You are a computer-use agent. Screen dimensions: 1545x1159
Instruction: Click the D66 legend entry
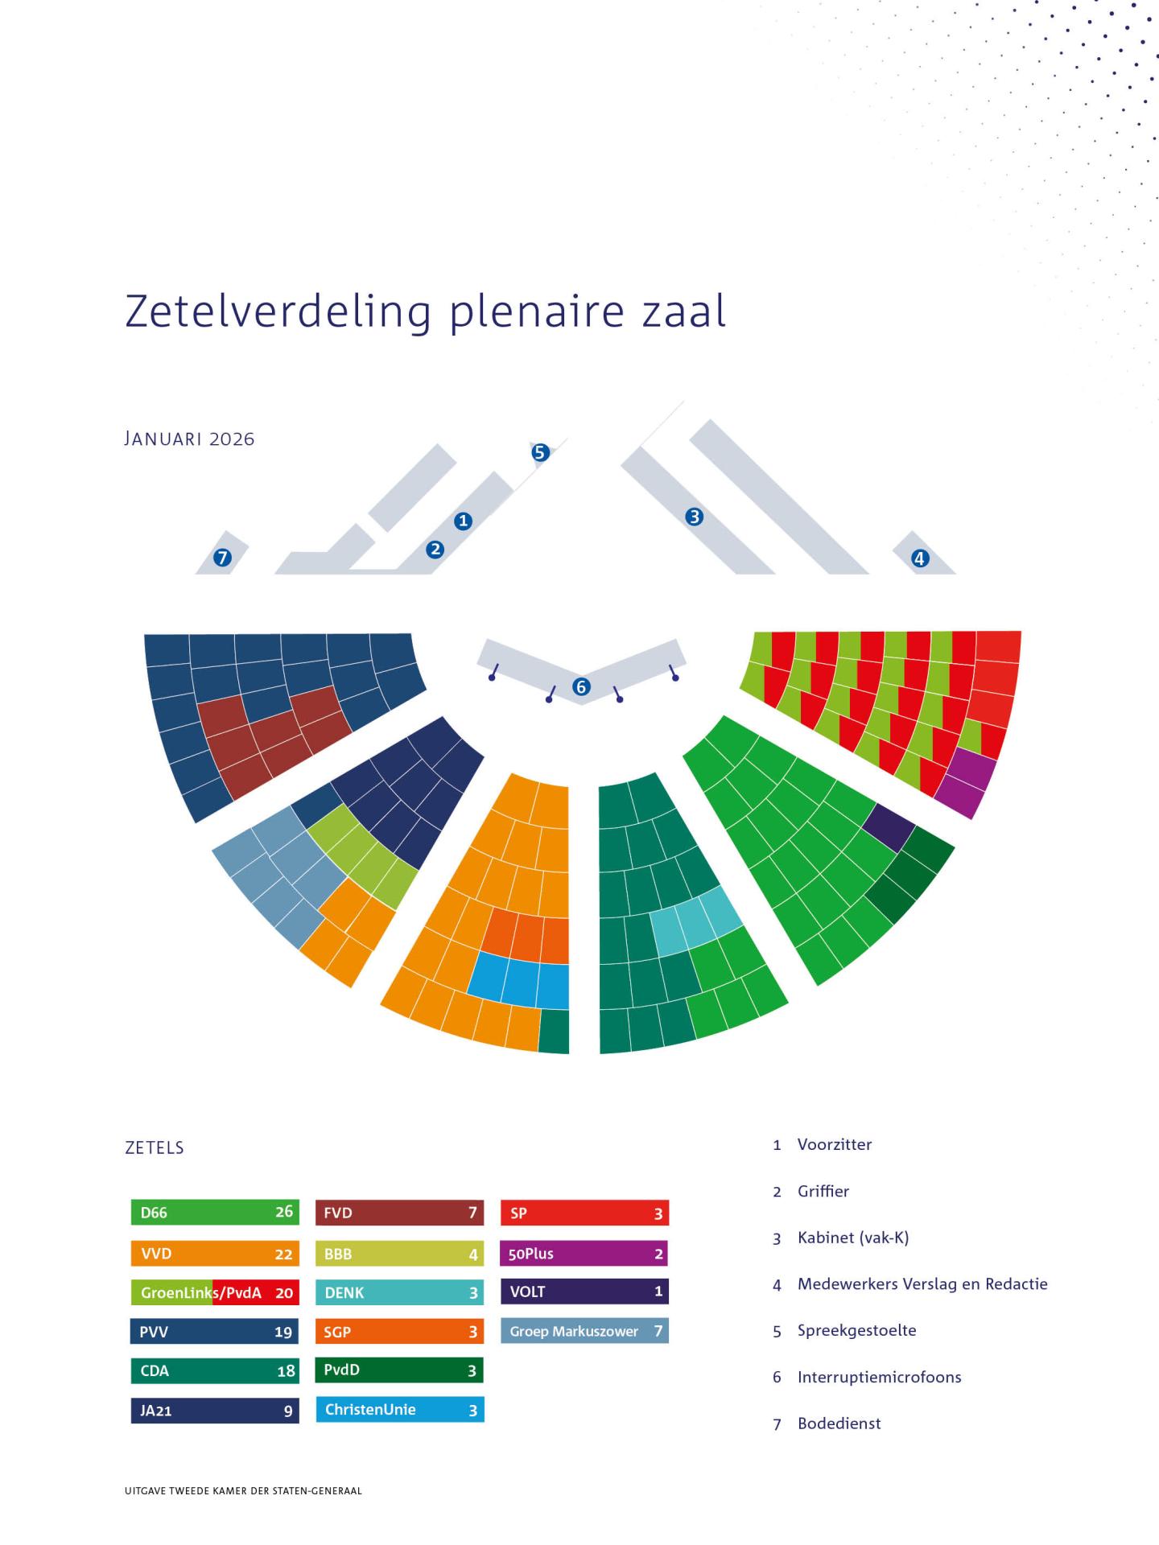coord(214,1212)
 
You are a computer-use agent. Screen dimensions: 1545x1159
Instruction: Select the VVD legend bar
coord(214,1253)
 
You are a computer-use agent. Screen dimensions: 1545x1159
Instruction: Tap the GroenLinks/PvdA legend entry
coord(214,1292)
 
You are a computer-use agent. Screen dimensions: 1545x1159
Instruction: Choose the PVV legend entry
coord(214,1332)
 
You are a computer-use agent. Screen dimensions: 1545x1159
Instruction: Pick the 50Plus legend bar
coord(584,1253)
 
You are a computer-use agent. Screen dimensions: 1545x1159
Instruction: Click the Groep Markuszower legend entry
coord(584,1331)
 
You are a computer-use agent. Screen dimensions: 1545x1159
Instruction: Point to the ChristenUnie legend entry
coord(400,1410)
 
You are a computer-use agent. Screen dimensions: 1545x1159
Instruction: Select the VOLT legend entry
coord(584,1292)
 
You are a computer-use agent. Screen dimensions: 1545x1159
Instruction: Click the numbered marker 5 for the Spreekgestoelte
coord(540,452)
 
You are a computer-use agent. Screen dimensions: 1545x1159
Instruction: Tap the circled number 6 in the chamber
coord(581,686)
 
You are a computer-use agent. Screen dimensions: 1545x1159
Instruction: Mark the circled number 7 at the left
coord(222,557)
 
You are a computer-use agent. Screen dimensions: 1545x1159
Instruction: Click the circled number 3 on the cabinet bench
coord(694,517)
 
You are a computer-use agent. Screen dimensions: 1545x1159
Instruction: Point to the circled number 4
coord(919,558)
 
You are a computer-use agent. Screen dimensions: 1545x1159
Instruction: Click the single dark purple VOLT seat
coord(889,827)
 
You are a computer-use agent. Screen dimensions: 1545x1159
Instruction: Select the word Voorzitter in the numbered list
coord(834,1144)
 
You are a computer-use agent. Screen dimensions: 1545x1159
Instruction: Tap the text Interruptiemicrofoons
coord(879,1377)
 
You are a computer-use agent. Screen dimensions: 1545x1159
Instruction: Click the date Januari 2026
coord(190,439)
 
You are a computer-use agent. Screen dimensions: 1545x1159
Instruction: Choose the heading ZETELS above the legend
coord(155,1147)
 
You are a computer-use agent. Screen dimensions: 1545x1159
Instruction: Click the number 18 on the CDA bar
coord(286,1371)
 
